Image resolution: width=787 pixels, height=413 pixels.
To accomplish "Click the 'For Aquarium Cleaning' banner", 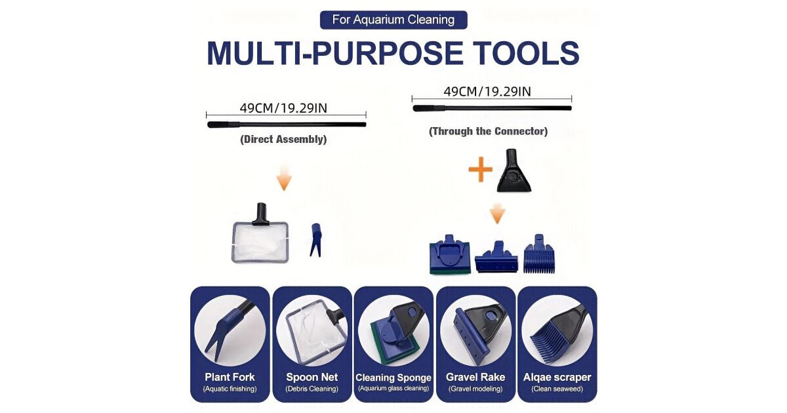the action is (393, 20).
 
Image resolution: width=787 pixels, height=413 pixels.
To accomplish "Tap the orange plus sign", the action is (480, 169).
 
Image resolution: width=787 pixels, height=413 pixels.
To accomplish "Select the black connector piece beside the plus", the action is (514, 170).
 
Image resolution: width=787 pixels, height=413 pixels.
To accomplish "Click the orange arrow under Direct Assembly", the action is (284, 179).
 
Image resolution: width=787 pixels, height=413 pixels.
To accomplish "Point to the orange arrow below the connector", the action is (497, 214).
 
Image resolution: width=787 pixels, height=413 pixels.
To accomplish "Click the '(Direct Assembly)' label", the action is (283, 140).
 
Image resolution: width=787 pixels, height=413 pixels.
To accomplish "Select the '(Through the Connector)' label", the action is (489, 131).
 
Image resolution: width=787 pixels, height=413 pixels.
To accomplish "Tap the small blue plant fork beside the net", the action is (316, 240).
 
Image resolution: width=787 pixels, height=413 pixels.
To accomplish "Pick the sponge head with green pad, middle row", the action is (450, 254).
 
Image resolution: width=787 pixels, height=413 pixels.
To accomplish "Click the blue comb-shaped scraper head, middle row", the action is (539, 254).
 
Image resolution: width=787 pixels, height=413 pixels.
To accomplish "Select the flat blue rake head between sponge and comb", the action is (496, 258).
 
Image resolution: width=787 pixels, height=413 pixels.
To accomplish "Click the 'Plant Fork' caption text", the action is (230, 377).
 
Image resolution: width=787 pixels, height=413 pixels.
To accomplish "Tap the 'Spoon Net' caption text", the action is (312, 377).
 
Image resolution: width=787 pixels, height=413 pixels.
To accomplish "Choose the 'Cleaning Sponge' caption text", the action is (393, 378).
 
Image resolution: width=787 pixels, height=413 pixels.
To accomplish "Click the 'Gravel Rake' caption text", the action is (475, 377).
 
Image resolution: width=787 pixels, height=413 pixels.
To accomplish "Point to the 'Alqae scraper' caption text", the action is (557, 377).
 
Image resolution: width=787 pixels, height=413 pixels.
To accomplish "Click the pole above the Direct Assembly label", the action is (287, 125).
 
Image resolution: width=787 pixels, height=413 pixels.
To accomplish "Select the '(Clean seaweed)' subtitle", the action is (557, 389).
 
